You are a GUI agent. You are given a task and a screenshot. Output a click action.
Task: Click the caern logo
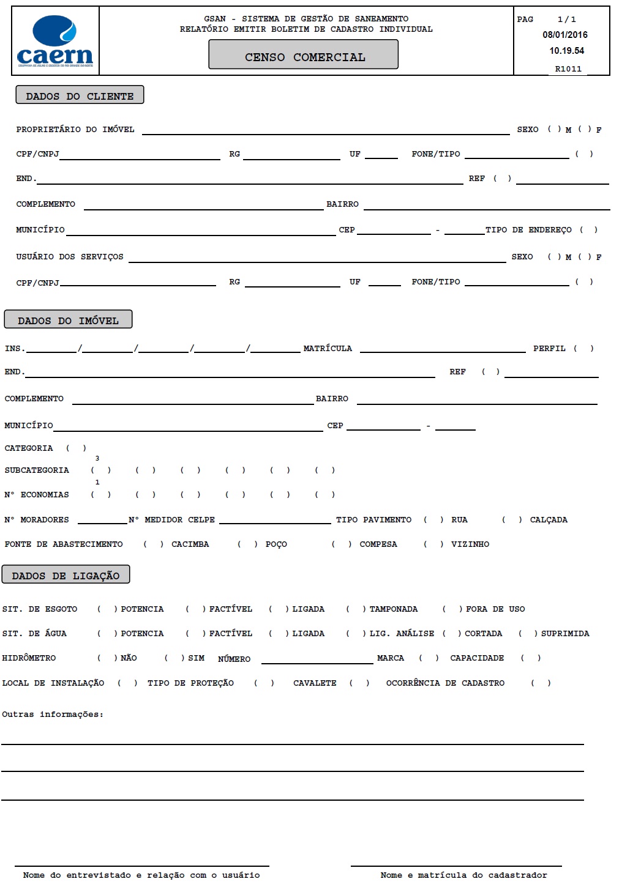[55, 41]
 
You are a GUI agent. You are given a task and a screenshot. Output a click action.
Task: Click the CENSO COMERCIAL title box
[304, 55]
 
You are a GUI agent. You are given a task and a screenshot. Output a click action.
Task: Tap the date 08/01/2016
[564, 35]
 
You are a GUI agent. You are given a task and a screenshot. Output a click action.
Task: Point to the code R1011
[568, 69]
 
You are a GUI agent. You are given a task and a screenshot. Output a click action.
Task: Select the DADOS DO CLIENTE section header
[80, 95]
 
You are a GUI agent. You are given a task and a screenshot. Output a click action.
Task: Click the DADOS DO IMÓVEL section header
[68, 320]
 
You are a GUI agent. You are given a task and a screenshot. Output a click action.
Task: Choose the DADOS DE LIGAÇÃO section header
[66, 575]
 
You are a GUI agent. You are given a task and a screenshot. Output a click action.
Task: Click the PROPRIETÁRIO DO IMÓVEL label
[75, 130]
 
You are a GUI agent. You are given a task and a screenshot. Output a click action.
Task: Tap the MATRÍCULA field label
[328, 349]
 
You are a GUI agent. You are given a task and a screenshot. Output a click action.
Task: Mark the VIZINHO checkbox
[433, 544]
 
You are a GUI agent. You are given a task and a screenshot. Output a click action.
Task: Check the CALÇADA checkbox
[512, 520]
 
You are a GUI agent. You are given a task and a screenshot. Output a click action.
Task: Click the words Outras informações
[53, 714]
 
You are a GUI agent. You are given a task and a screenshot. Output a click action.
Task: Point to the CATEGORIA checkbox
[76, 448]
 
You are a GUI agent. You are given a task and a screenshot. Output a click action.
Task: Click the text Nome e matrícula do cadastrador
[463, 875]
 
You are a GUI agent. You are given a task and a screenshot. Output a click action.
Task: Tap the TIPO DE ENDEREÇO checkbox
[588, 230]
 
